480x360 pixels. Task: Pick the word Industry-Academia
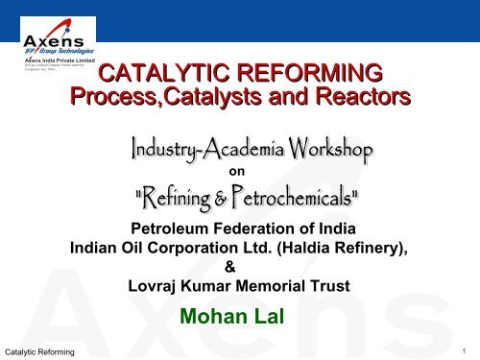tap(201, 151)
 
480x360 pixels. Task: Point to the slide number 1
tap(464, 350)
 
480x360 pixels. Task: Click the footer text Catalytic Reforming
tap(40, 352)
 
